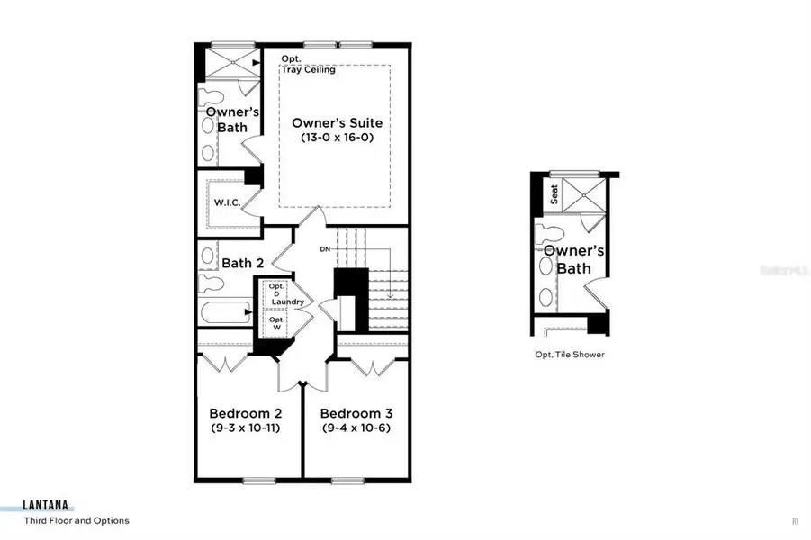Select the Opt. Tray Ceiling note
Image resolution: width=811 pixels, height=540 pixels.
[308, 65]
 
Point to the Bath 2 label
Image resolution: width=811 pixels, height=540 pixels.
[242, 263]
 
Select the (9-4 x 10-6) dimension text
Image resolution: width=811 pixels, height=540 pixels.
[357, 427]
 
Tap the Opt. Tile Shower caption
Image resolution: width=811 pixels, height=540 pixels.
[570, 355]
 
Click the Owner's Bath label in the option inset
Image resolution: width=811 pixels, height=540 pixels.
[572, 259]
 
